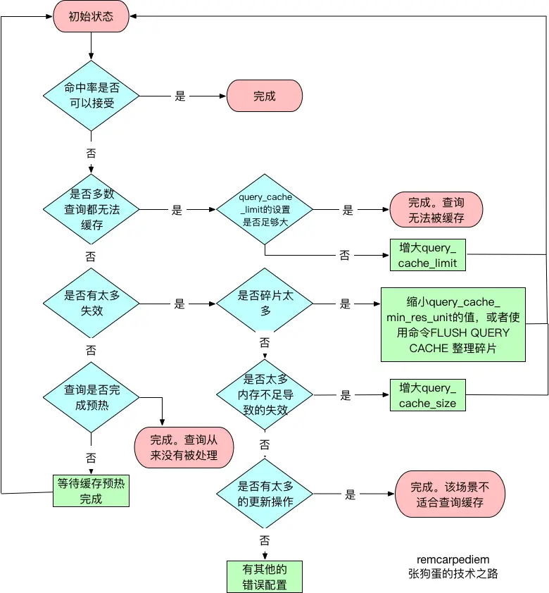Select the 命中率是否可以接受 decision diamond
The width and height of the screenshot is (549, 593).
point(91,96)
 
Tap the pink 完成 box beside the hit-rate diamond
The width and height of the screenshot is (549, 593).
point(264,96)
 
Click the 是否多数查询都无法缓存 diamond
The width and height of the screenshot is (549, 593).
point(91,210)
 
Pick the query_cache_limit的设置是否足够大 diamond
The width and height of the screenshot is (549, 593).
point(265,209)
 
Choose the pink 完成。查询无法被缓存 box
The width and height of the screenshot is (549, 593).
point(436,210)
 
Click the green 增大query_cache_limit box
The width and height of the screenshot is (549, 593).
point(427,255)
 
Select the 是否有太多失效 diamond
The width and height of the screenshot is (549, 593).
point(91,304)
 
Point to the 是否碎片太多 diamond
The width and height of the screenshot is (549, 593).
point(265,304)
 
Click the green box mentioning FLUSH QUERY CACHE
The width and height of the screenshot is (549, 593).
point(454,324)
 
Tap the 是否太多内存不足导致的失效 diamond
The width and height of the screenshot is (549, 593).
point(265,395)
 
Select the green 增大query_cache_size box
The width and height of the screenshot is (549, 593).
point(427,395)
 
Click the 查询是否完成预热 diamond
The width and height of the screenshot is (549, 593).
point(91,398)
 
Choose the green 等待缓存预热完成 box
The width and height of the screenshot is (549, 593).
point(91,490)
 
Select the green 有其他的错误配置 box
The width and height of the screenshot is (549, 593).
point(265,576)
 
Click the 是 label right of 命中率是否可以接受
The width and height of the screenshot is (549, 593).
point(180,96)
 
